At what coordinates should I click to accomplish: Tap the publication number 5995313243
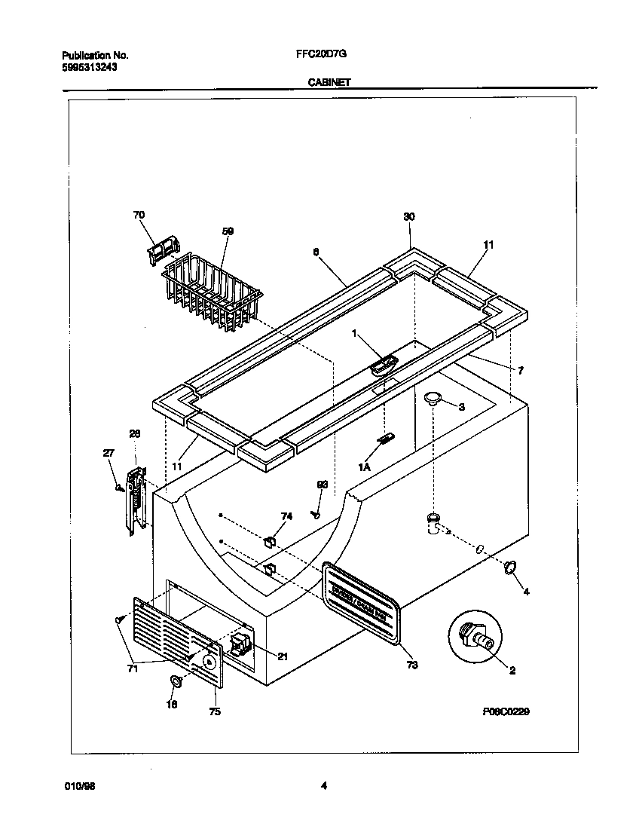[x=89, y=66]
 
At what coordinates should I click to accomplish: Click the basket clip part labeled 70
[x=164, y=249]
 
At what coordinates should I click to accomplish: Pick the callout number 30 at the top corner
[x=409, y=216]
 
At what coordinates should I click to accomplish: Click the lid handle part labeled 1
[x=383, y=366]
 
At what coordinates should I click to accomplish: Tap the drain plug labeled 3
[x=433, y=399]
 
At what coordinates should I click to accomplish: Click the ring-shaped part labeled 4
[x=509, y=567]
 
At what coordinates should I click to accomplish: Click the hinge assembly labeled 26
[x=135, y=500]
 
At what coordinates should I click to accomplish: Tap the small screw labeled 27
[x=118, y=488]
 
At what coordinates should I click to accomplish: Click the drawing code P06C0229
[x=508, y=711]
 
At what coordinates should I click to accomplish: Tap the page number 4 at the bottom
[x=324, y=786]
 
